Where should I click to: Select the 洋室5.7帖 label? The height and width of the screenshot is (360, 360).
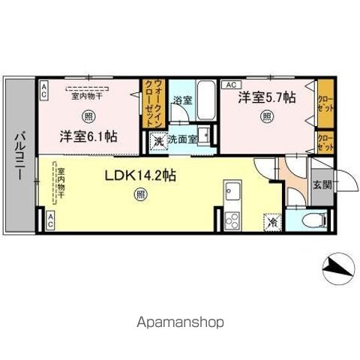pos(267,97)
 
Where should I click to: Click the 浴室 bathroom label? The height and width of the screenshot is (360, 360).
pos(182,99)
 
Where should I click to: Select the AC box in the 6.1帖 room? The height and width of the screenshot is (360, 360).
pos(43,91)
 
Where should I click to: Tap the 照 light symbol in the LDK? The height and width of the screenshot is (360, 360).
pos(140,196)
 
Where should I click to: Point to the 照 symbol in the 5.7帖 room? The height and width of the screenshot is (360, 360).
pos(266,116)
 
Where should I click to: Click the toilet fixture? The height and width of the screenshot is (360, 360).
pos(314,220)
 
